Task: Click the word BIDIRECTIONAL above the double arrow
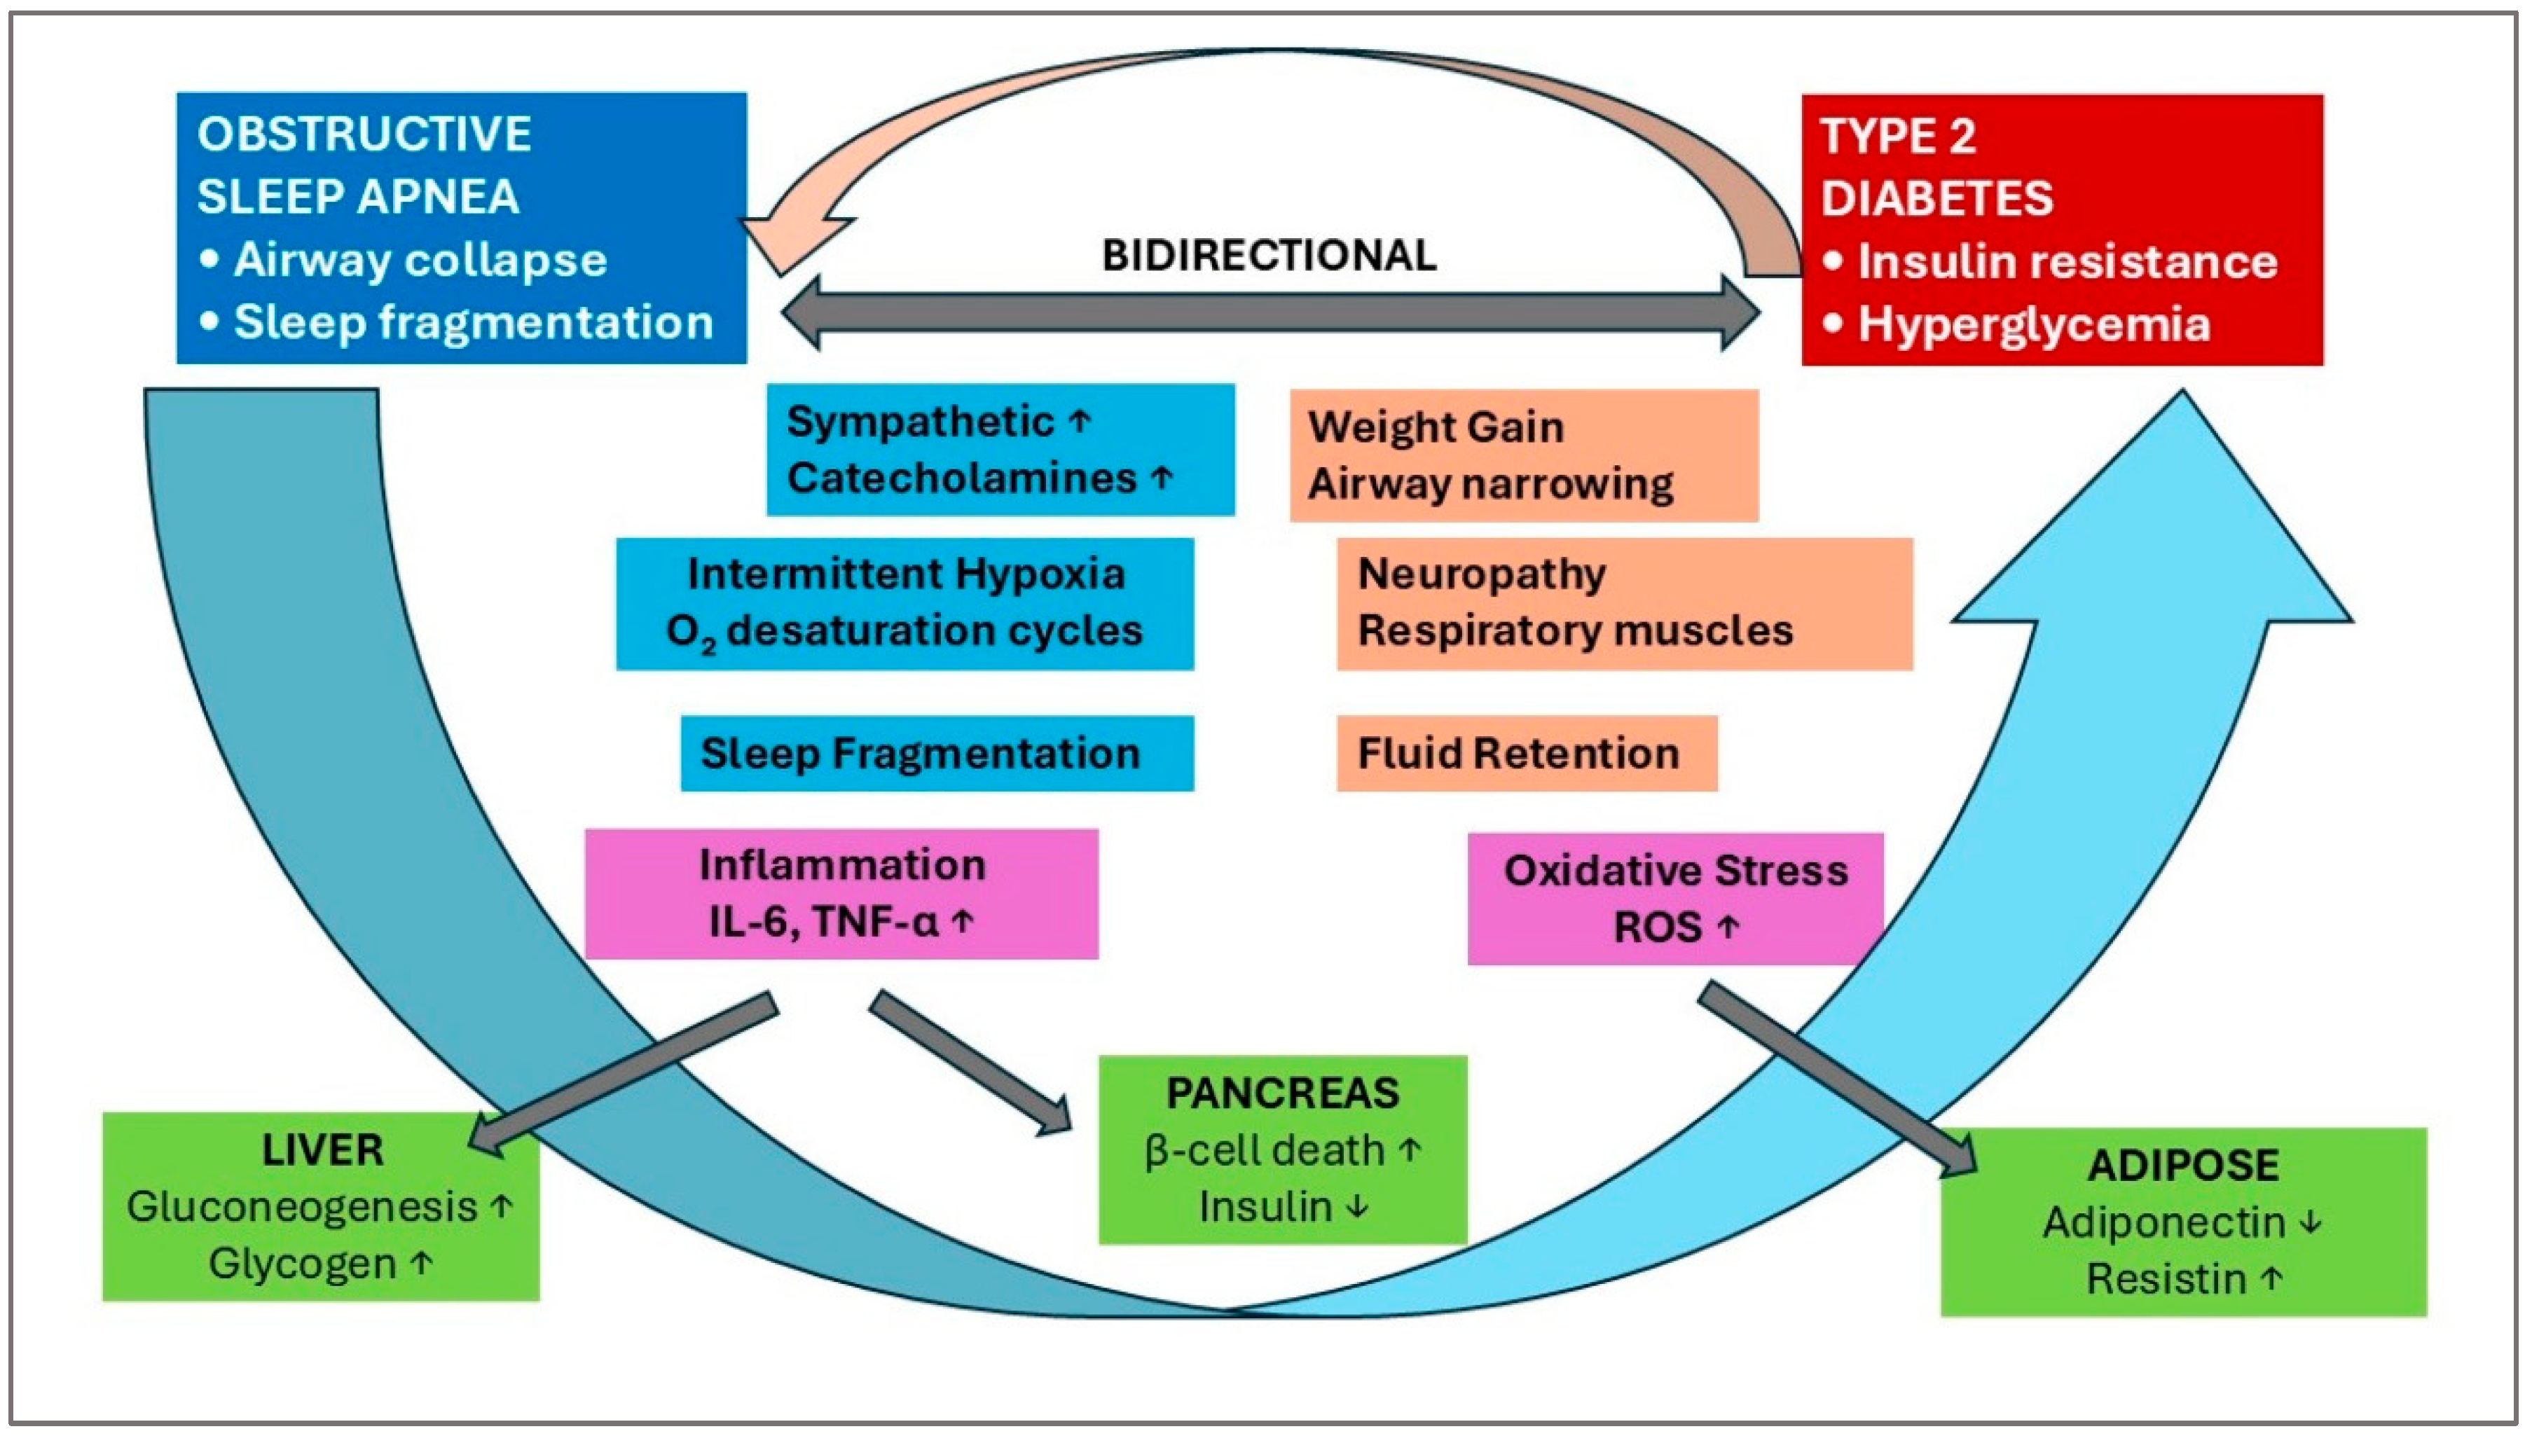pyautogui.click(x=1269, y=256)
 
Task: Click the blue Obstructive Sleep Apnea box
pyautogui.click(x=461, y=228)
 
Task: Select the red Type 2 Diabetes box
pyautogui.click(x=2061, y=230)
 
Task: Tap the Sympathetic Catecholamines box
pyautogui.click(x=1000, y=450)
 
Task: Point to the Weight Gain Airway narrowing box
pyautogui.click(x=1523, y=456)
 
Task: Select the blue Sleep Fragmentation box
pyautogui.click(x=937, y=753)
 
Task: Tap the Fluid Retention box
pyautogui.click(x=1526, y=753)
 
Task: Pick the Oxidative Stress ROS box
pyautogui.click(x=1674, y=898)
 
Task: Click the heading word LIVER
pyautogui.click(x=322, y=1149)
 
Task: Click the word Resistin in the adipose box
pyautogui.click(x=2166, y=1278)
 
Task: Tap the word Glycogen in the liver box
pyautogui.click(x=302, y=1264)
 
